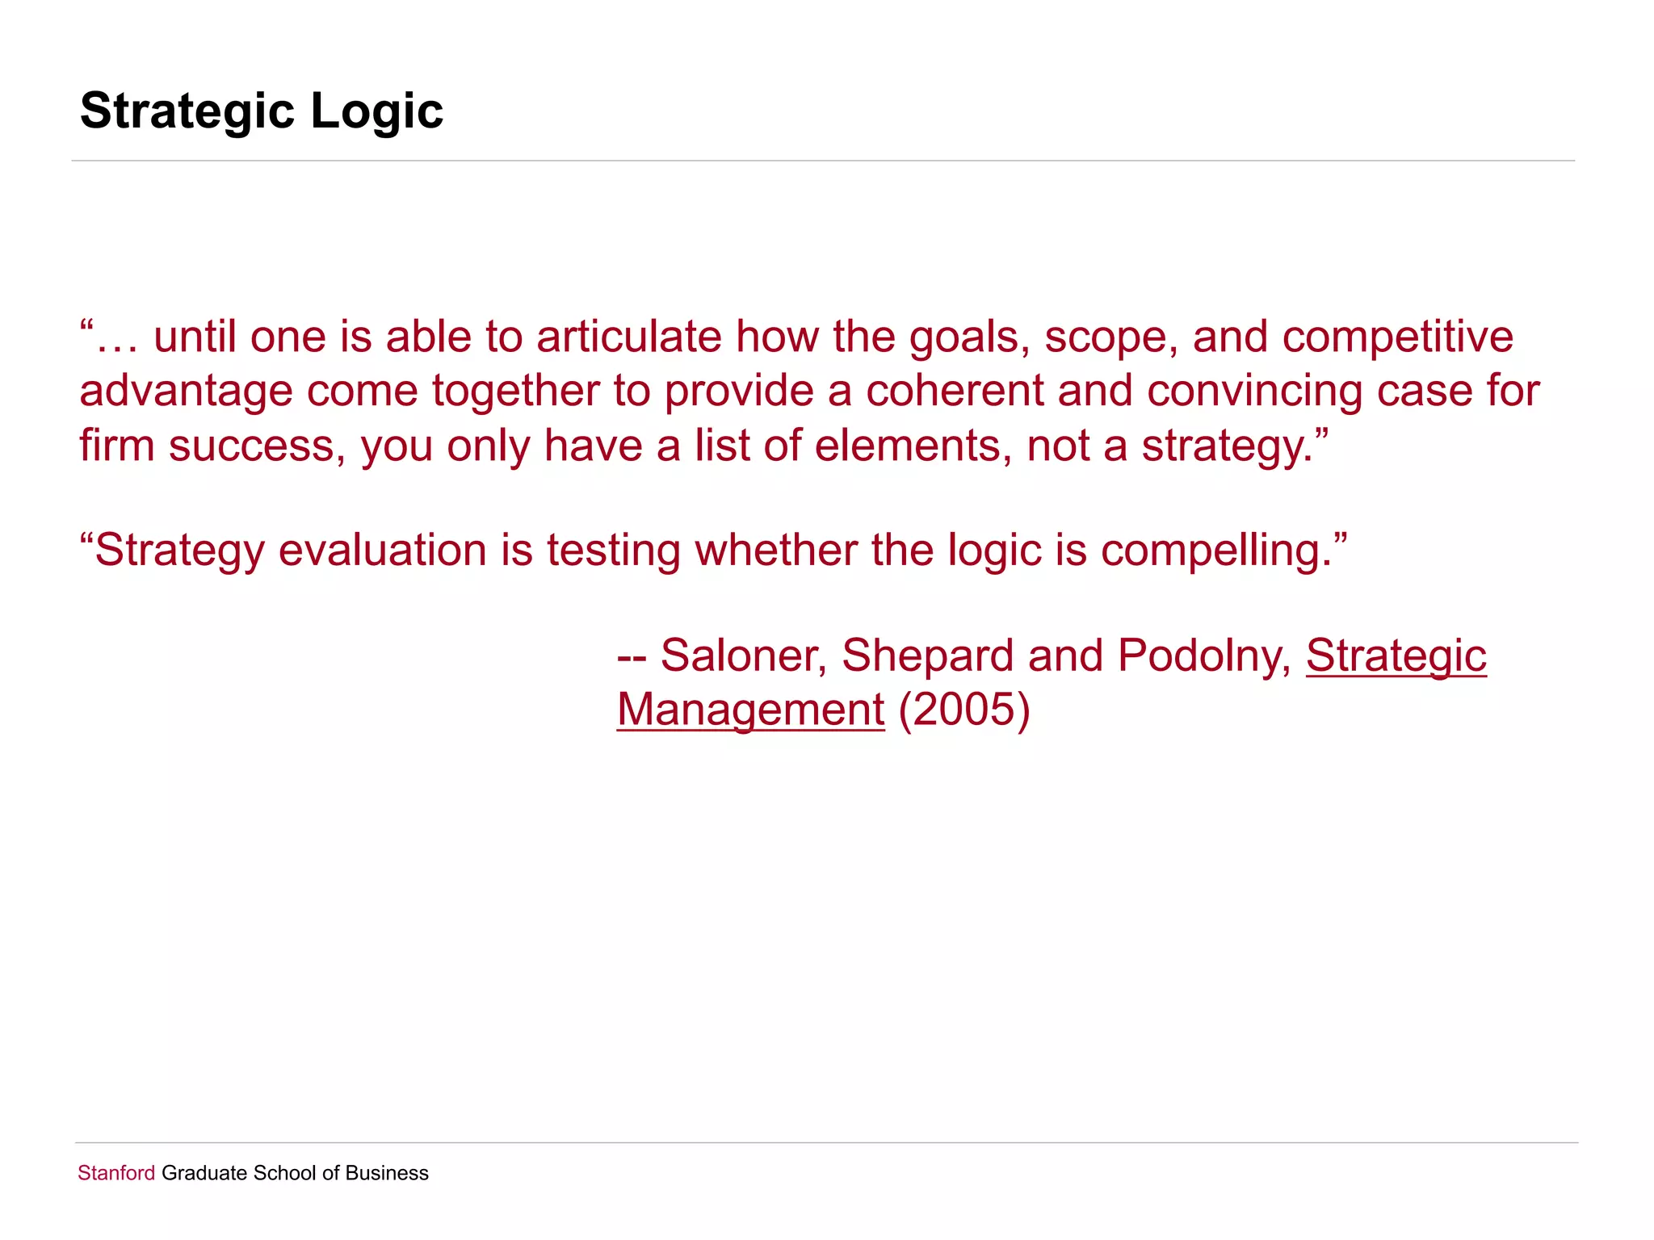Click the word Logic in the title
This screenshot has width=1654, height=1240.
coord(376,111)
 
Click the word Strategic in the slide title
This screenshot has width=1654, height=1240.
coord(187,111)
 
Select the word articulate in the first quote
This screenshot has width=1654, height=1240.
coord(629,337)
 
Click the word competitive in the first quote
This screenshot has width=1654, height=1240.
coord(1397,337)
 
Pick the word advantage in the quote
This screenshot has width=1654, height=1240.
coord(186,391)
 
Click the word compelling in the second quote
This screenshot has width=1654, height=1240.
coord(1215,551)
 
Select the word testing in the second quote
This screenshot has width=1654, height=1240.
coord(613,551)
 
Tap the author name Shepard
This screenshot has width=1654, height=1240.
coord(927,655)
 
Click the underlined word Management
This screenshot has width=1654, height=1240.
coord(750,710)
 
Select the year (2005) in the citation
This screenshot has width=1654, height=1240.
coord(964,710)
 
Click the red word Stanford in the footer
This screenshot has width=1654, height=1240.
coord(115,1173)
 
